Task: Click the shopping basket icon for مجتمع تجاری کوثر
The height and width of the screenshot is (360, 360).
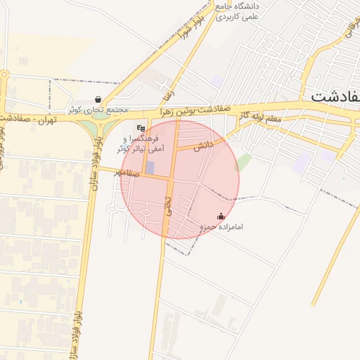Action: coord(98,101)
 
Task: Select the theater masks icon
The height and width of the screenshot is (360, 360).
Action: coord(141,129)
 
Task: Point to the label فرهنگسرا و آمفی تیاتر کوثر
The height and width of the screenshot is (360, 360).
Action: coord(141,143)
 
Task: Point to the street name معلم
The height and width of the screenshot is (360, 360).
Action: coord(271,118)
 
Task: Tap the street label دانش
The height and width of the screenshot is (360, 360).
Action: coord(202,146)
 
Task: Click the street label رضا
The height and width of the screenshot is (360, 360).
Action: coord(167,91)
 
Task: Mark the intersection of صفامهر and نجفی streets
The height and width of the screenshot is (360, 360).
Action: coord(170,179)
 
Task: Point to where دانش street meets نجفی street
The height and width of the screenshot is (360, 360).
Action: coord(174,150)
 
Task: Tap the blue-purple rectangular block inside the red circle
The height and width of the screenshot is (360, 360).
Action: coord(149,169)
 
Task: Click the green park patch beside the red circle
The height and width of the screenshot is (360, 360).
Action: coord(243,162)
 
